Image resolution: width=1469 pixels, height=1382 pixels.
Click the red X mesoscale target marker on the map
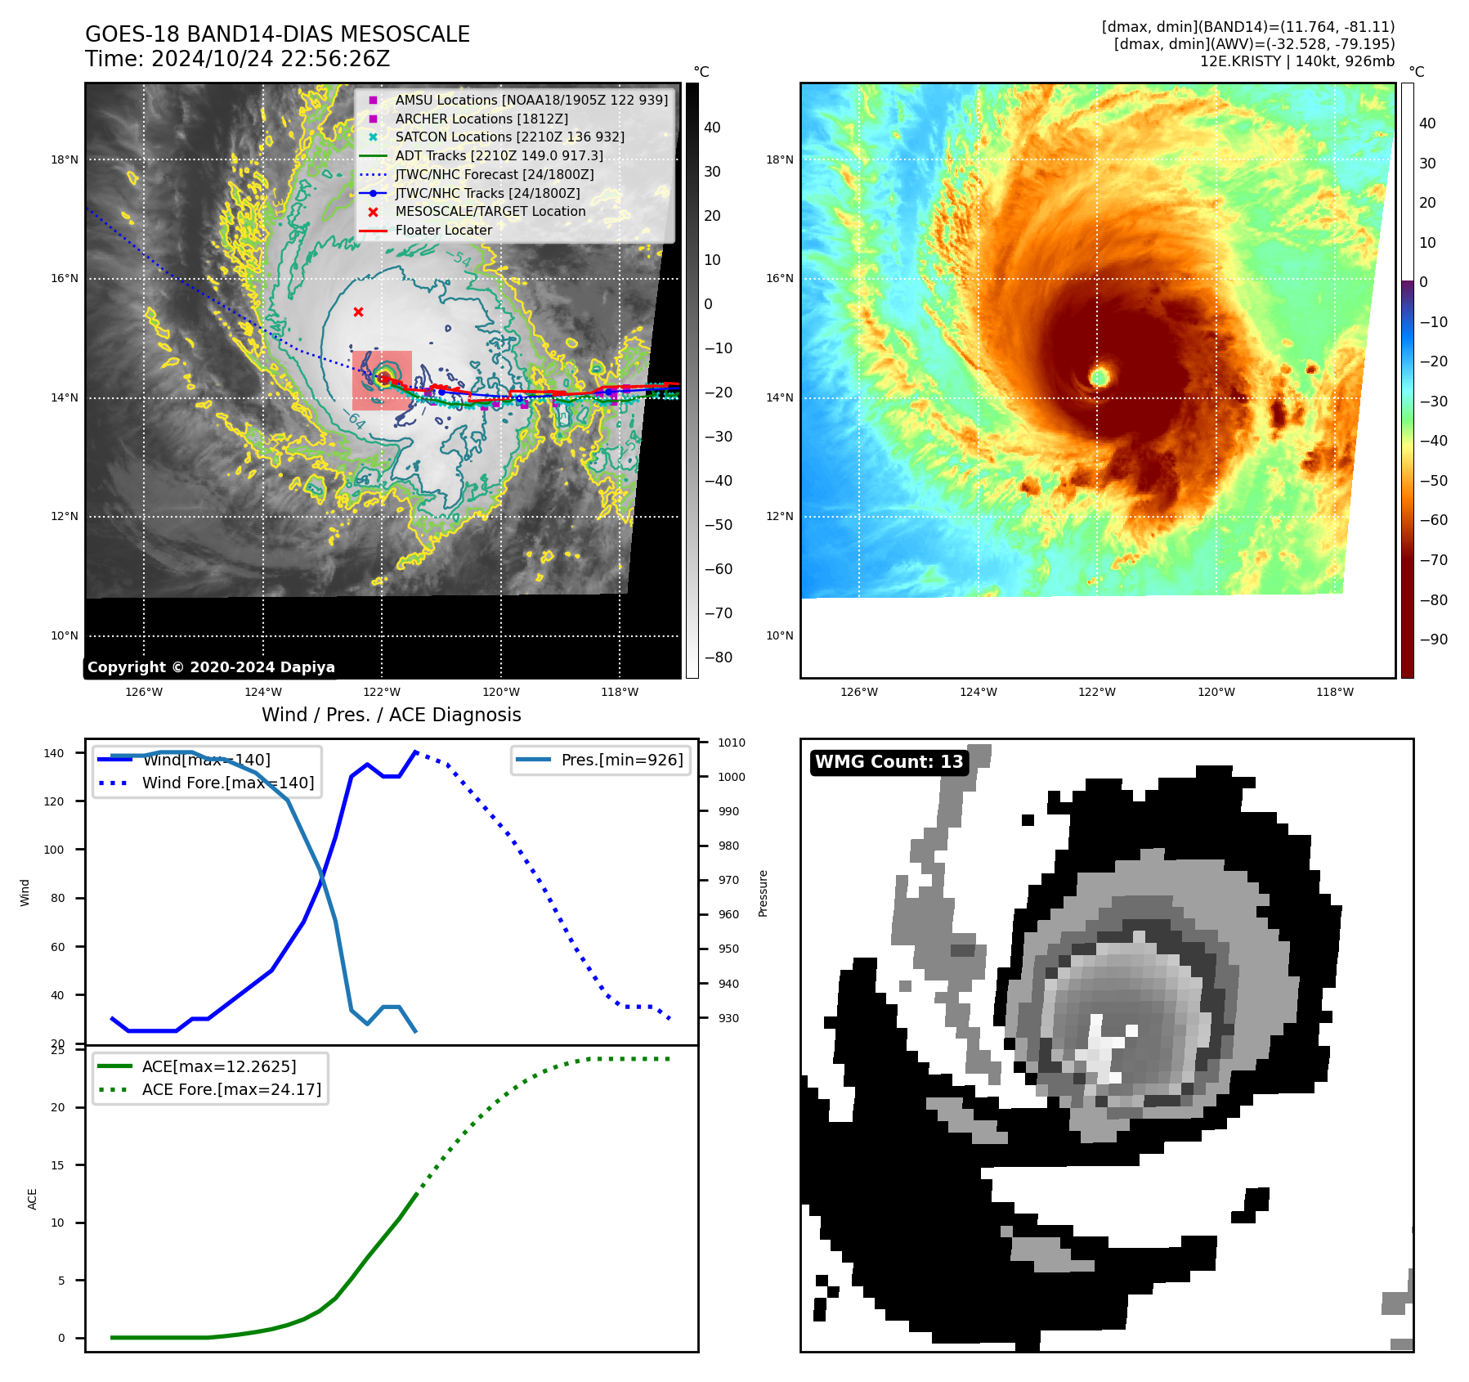point(358,312)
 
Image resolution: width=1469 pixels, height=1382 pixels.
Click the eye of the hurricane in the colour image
point(1100,377)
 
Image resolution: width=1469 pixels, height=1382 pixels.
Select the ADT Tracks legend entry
point(499,155)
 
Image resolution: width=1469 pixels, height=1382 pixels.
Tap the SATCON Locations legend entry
point(509,137)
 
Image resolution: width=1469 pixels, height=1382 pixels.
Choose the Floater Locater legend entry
point(443,230)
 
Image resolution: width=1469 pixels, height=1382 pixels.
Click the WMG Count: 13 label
point(889,761)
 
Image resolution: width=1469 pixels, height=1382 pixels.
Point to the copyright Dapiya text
point(211,666)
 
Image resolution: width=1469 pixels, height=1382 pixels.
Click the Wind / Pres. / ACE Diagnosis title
point(391,715)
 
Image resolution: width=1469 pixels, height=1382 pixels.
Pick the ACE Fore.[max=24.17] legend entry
point(231,1089)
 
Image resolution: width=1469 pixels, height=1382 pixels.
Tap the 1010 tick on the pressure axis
point(732,743)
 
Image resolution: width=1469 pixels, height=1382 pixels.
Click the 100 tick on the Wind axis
point(53,850)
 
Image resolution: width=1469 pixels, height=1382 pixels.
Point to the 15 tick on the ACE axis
point(57,1165)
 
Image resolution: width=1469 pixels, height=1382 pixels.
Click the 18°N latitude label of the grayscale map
point(65,159)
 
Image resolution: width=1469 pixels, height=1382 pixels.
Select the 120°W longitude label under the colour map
point(1216,692)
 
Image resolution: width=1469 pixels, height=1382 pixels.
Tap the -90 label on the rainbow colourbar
point(1433,639)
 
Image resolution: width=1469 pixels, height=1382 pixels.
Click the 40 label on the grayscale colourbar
point(712,128)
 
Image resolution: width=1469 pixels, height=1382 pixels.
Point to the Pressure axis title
point(763,893)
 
